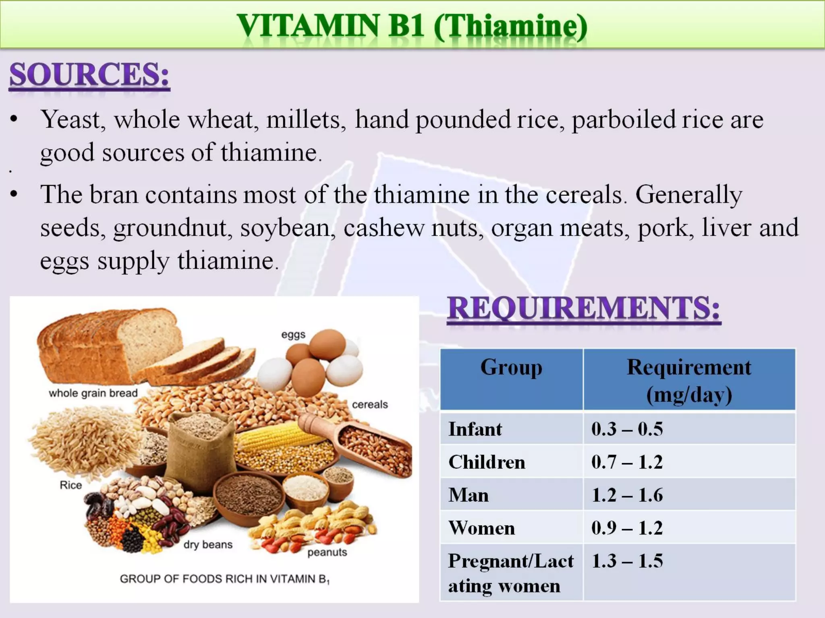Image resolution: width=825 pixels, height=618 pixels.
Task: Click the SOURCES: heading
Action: (89, 75)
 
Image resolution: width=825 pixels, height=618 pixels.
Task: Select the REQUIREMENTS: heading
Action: (584, 308)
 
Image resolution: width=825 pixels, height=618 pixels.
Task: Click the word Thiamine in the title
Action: (510, 26)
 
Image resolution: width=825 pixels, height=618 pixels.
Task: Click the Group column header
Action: (511, 368)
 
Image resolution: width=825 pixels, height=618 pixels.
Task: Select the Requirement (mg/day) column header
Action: (689, 380)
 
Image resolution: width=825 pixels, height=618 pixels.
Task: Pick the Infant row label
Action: (475, 429)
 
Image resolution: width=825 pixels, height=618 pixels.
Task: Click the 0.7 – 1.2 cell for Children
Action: (627, 462)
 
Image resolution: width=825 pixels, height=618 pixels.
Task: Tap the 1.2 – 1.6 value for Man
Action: (627, 495)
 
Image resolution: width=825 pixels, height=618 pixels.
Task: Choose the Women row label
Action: (482, 528)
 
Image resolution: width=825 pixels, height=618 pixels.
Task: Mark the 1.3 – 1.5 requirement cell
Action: (627, 561)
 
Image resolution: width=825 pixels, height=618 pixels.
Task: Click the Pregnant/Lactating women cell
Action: (510, 573)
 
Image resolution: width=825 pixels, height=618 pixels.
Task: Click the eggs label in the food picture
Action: (293, 335)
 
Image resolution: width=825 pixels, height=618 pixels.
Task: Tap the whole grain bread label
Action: (93, 393)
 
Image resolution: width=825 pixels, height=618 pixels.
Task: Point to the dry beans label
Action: (208, 545)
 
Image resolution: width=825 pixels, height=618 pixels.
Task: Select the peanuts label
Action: (327, 552)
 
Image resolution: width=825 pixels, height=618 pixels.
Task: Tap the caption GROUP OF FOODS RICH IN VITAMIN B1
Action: (224, 579)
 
